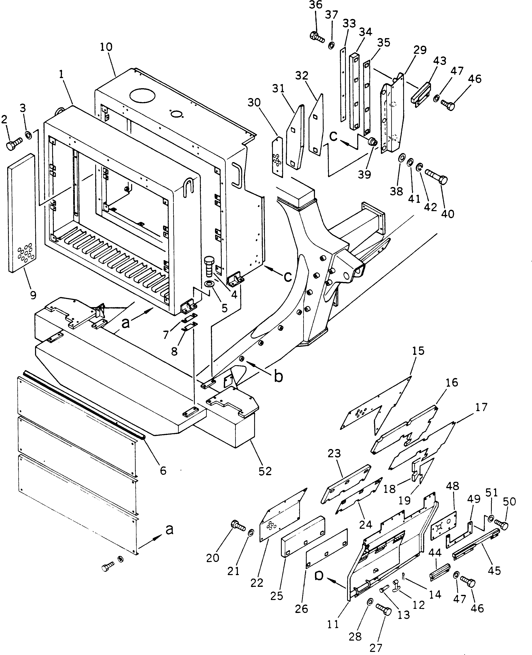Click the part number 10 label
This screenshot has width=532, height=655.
pos(106,47)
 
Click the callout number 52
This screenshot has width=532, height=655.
pos(265,471)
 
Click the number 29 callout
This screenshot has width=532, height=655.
pos(419,50)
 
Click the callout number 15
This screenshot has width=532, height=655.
pos(418,351)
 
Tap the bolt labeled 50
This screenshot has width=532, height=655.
pos(501,525)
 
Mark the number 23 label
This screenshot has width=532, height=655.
pos(334,453)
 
